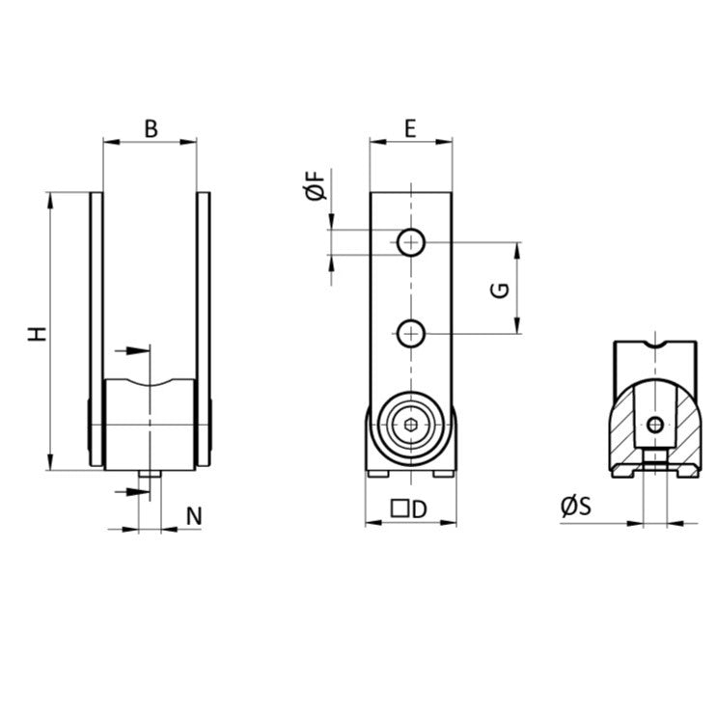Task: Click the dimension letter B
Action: tap(150, 127)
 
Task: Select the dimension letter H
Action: tap(37, 334)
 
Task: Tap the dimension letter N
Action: tap(194, 515)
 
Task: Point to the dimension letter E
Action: tap(410, 127)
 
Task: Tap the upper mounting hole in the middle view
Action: tap(412, 242)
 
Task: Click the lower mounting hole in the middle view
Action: tap(412, 334)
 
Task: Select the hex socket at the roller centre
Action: tap(412, 425)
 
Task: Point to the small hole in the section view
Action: tap(654, 425)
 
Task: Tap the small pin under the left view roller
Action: tap(151, 475)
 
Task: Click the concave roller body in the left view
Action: tap(150, 425)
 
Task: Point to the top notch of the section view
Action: tap(655, 345)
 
